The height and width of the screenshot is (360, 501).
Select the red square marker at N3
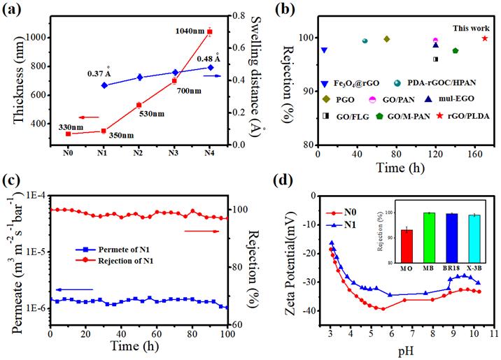click(174, 81)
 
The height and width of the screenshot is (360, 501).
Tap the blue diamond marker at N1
click(104, 85)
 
